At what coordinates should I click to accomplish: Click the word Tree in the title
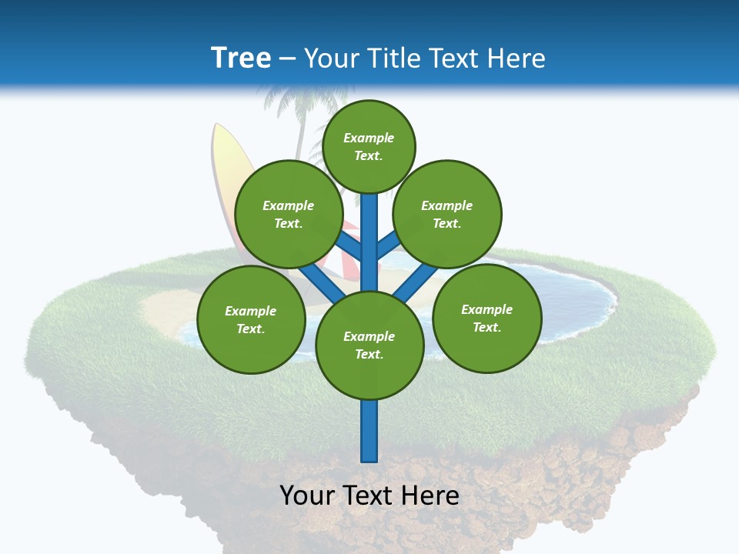pyautogui.click(x=241, y=58)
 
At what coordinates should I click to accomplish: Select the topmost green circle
pyautogui.click(x=369, y=146)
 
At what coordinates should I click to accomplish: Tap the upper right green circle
pyautogui.click(x=447, y=214)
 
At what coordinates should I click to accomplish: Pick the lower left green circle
pyautogui.click(x=251, y=319)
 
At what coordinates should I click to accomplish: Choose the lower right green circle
pyautogui.click(x=487, y=318)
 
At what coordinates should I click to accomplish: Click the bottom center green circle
pyautogui.click(x=369, y=345)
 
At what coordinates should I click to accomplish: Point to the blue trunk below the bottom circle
pyautogui.click(x=369, y=431)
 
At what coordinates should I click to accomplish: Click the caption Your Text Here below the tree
pyautogui.click(x=369, y=496)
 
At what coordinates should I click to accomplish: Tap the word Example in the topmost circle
pyautogui.click(x=369, y=138)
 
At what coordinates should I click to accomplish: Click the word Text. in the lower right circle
pyautogui.click(x=487, y=327)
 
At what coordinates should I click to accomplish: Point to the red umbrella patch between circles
pyautogui.click(x=349, y=265)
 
